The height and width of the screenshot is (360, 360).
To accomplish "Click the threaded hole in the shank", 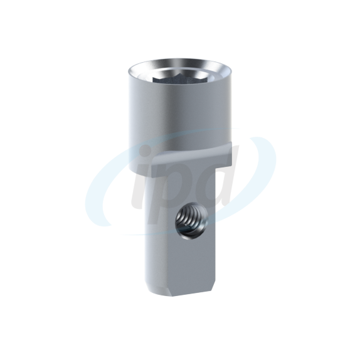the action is [192, 221].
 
